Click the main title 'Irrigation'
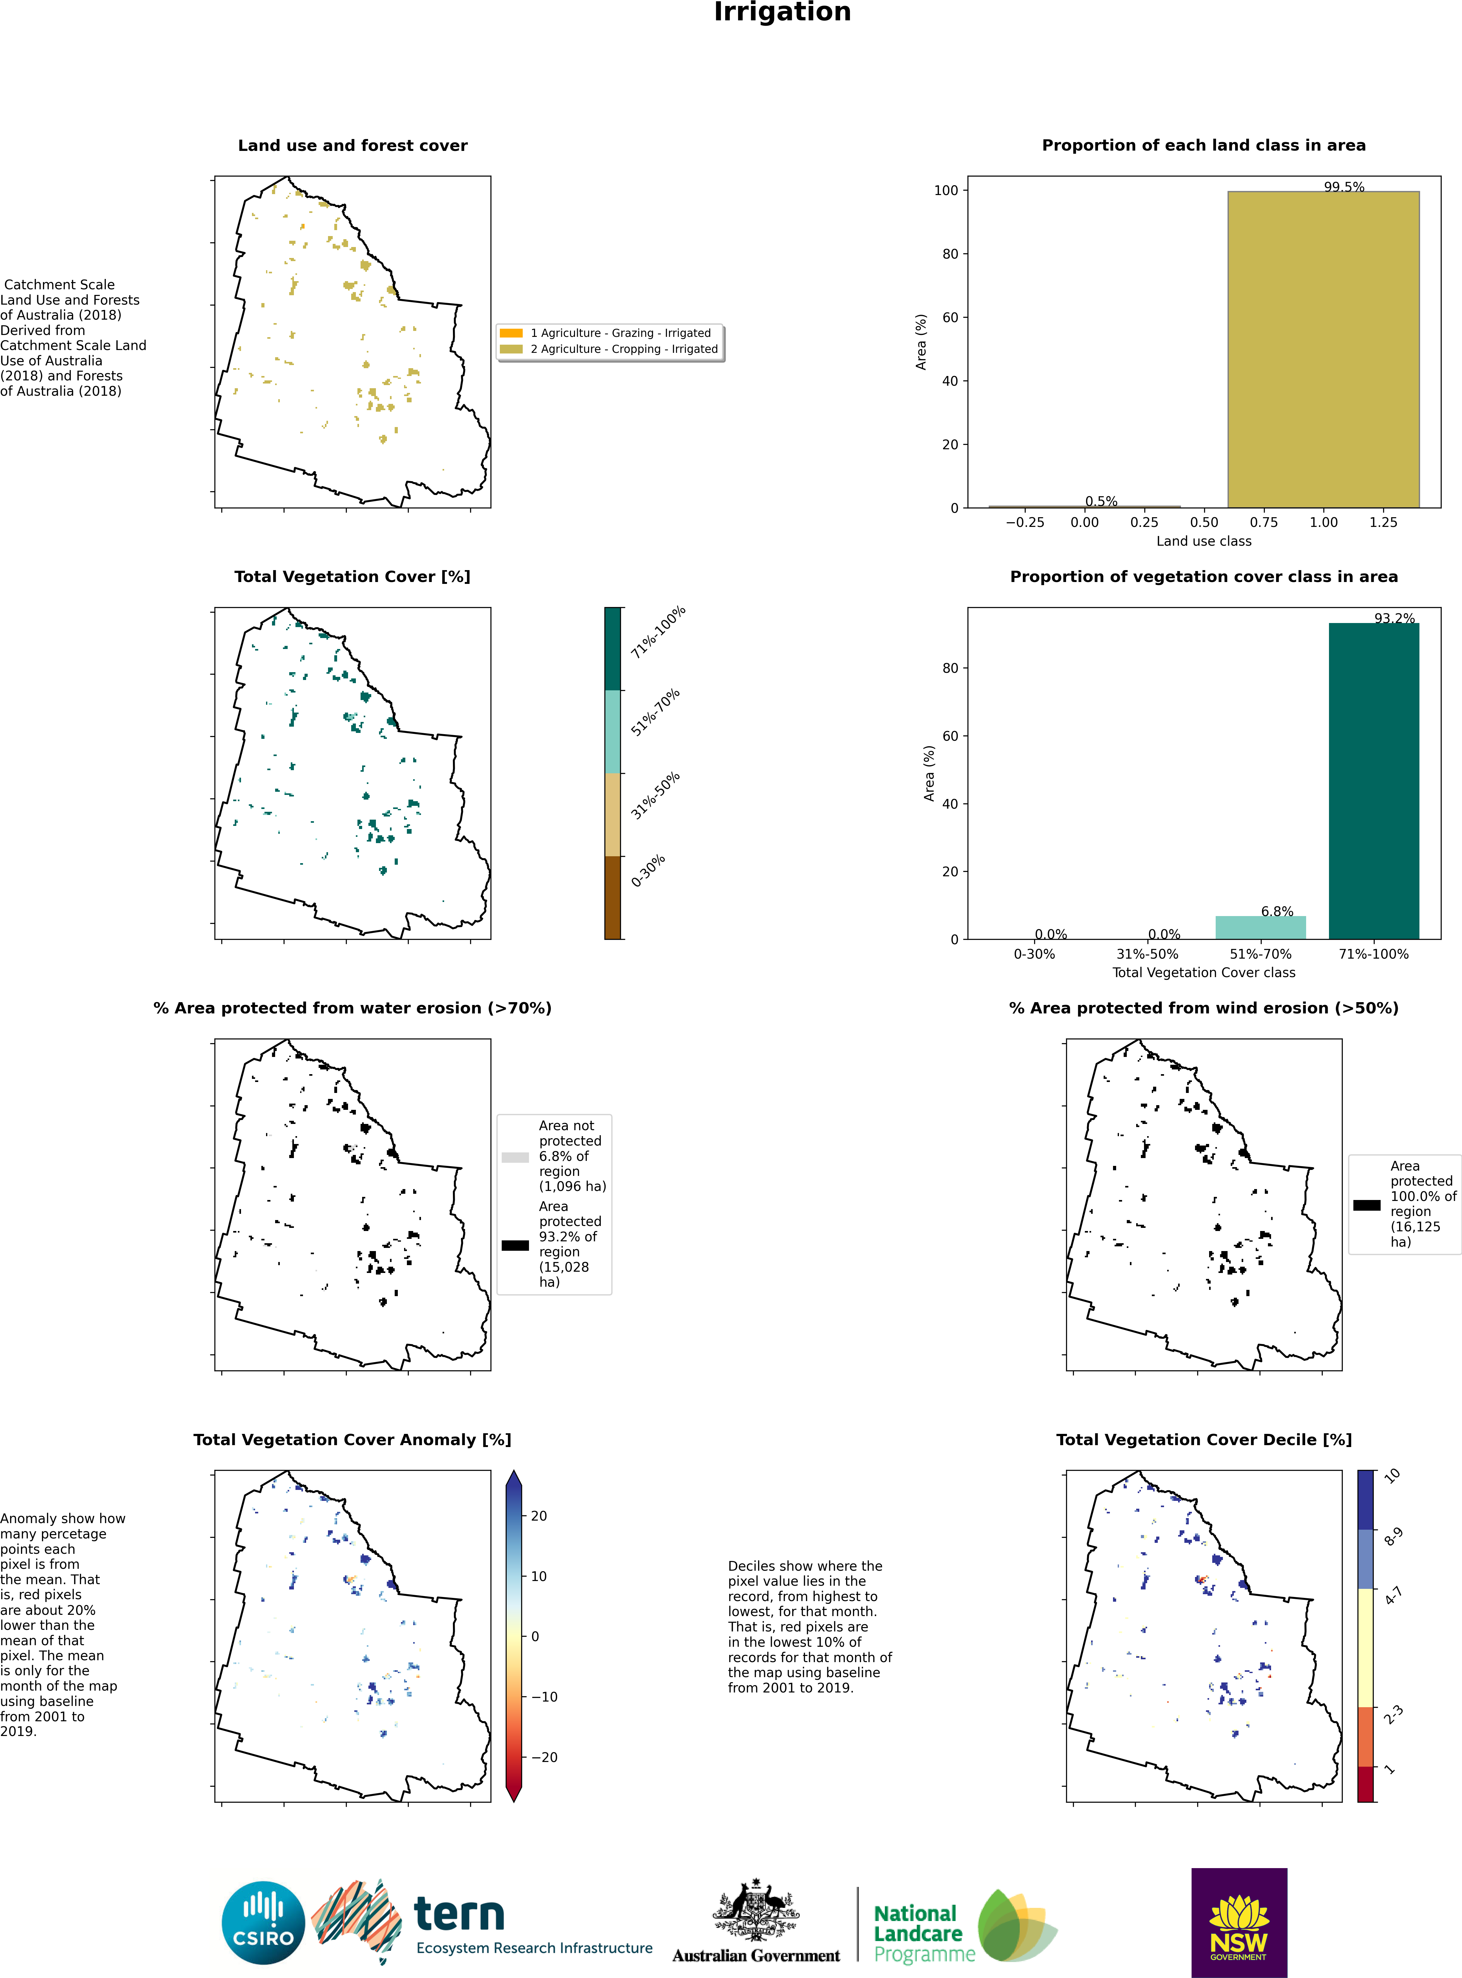pos(782,13)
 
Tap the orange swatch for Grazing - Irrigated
pos(511,333)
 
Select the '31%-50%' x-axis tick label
pos(1147,954)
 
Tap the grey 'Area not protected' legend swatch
pos(515,1157)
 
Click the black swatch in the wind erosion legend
pos(1367,1204)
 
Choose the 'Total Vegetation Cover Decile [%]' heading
pos(1203,1440)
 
